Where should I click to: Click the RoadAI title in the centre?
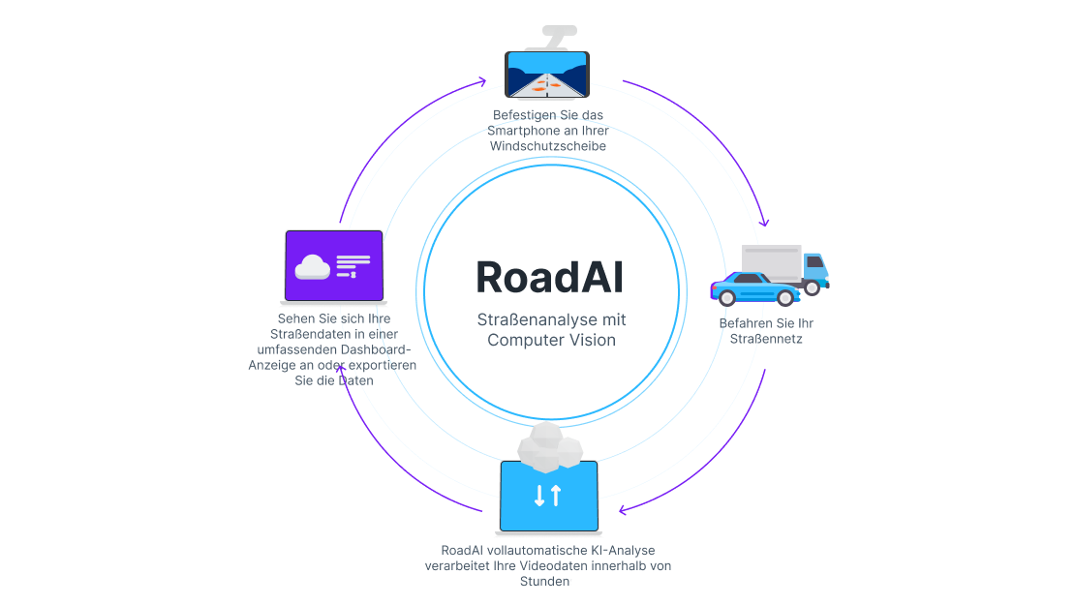[549, 277]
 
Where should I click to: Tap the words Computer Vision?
[551, 340]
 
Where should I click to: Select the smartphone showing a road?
[547, 75]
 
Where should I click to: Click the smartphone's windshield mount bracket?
[554, 38]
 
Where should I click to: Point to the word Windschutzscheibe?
[548, 146]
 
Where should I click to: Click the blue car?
[754, 287]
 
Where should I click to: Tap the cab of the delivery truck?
[814, 266]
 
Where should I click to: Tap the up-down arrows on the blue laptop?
[547, 496]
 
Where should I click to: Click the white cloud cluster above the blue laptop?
[549, 445]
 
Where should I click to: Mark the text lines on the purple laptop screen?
[353, 264]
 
